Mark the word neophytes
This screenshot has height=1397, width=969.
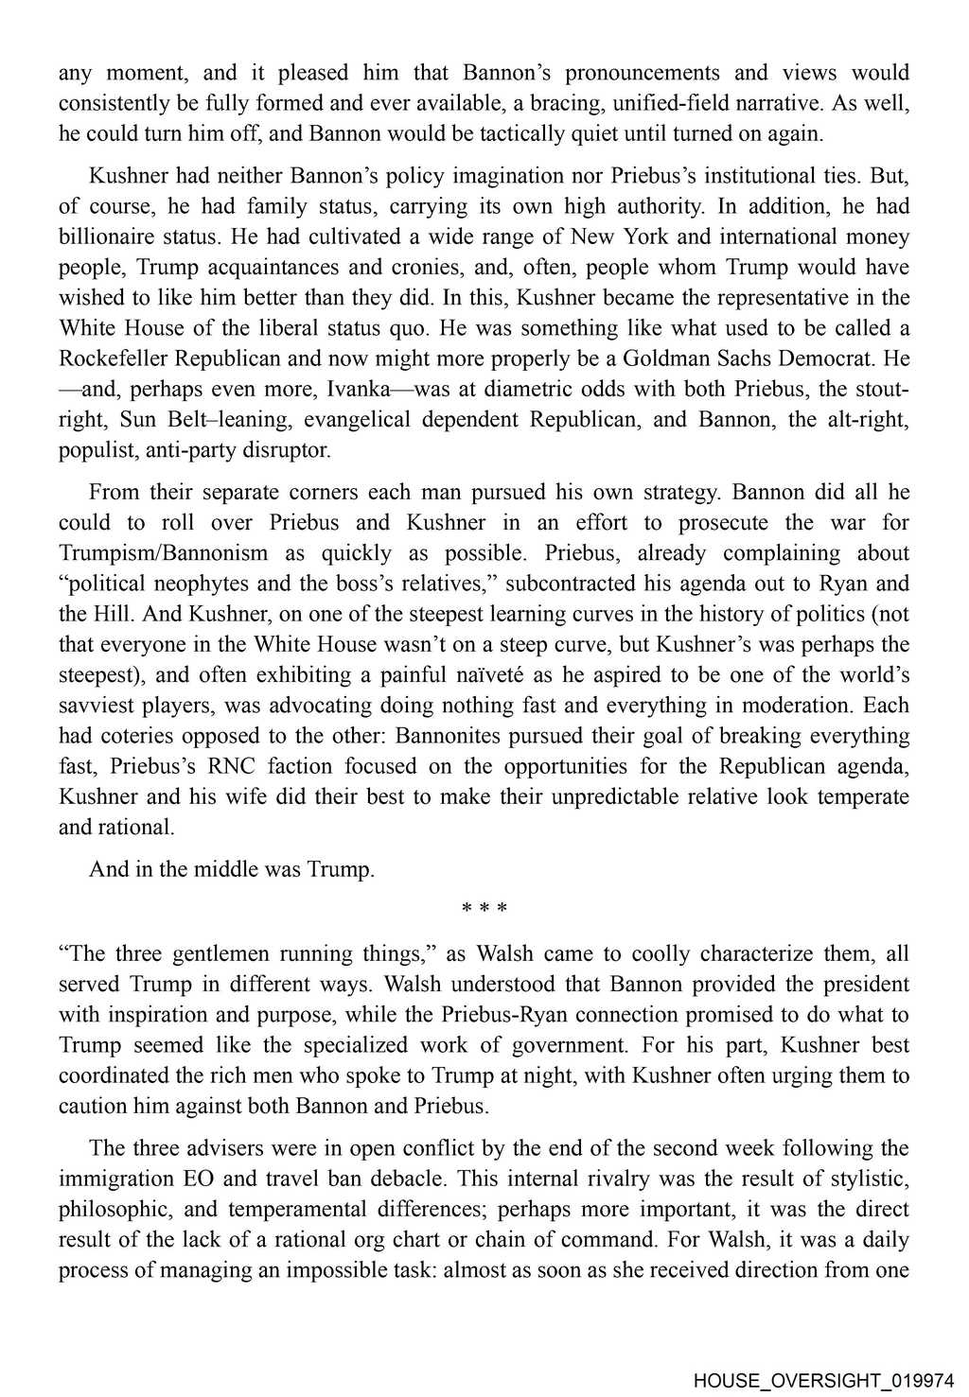tap(220, 583)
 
